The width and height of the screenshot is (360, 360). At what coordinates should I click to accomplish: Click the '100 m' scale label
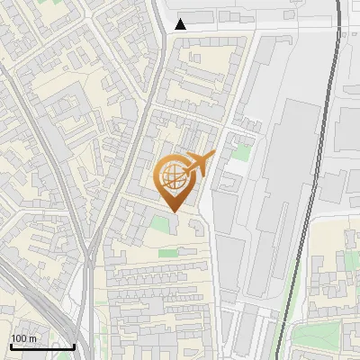tap(22, 338)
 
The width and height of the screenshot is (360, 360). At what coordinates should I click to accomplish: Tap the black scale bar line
tap(42, 347)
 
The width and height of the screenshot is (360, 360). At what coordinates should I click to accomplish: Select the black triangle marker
tap(181, 24)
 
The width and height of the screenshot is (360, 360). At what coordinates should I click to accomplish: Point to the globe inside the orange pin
tap(172, 176)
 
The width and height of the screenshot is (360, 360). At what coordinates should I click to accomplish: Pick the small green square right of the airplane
tap(240, 153)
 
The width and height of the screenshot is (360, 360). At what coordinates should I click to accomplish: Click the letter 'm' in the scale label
tap(31, 338)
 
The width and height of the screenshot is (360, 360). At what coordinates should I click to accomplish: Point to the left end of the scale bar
tap(11, 347)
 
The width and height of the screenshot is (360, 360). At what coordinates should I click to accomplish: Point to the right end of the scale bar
tap(74, 347)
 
